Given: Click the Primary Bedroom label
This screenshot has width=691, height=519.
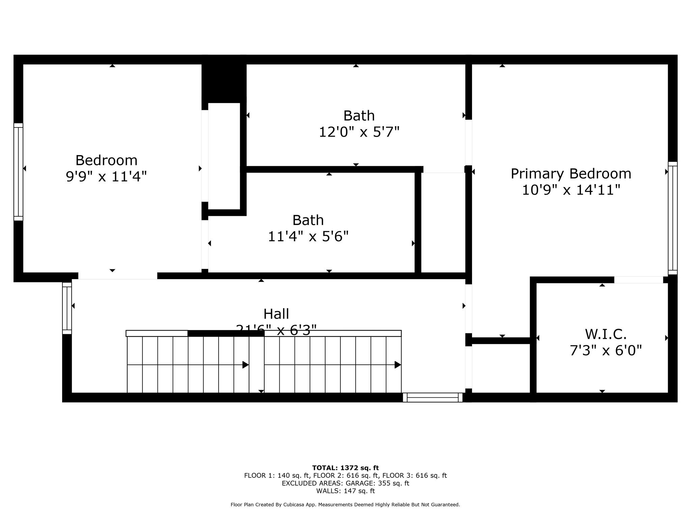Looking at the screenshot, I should pyautogui.click(x=571, y=174).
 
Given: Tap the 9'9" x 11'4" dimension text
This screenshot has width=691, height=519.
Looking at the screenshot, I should pyautogui.click(x=106, y=176).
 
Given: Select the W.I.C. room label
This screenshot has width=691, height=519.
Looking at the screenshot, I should pyautogui.click(x=606, y=334).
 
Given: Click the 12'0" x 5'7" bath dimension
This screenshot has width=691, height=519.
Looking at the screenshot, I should pyautogui.click(x=359, y=132).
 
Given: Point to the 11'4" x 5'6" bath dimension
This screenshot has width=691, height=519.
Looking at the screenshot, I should pyautogui.click(x=308, y=236).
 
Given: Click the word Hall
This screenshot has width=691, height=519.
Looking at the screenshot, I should pyautogui.click(x=276, y=314).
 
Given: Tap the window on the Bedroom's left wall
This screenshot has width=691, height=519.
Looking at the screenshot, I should pyautogui.click(x=18, y=172).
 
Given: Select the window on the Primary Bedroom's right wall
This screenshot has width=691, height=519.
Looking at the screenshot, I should pyautogui.click(x=672, y=218).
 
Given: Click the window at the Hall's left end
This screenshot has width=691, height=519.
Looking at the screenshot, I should pyautogui.click(x=67, y=308).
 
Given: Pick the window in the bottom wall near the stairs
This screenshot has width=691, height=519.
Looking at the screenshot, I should pyautogui.click(x=433, y=397).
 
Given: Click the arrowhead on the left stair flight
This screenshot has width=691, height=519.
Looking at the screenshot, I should pyautogui.click(x=246, y=365).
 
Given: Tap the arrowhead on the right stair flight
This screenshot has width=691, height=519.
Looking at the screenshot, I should pyautogui.click(x=398, y=365).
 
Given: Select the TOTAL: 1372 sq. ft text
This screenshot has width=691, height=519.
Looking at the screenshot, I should pyautogui.click(x=345, y=468).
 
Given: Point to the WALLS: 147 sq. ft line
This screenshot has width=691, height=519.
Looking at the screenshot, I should pyautogui.click(x=345, y=491).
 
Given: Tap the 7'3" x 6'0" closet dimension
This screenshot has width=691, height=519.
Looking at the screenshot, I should pyautogui.click(x=606, y=350).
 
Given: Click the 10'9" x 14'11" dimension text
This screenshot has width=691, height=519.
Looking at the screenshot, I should pyautogui.click(x=571, y=190).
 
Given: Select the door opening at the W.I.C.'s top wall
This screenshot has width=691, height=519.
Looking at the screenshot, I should pyautogui.click(x=638, y=280).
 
